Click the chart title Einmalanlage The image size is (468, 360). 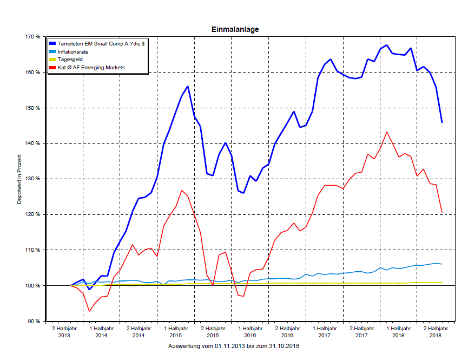click(234, 29)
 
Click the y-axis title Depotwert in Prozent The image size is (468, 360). click(19, 179)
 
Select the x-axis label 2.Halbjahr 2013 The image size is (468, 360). click(64, 332)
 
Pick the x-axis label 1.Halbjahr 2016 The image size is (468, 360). click(250, 332)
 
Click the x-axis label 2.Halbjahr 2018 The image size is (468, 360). click(436, 332)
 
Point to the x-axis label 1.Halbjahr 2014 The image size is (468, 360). click(101, 332)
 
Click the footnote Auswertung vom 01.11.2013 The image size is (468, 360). click(234, 345)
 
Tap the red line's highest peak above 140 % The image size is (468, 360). click(386, 132)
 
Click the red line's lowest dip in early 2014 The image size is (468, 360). click(89, 311)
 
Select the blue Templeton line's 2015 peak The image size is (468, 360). click(187, 86)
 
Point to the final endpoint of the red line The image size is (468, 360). click(442, 212)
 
